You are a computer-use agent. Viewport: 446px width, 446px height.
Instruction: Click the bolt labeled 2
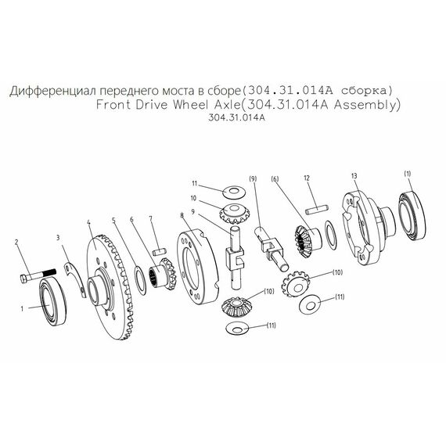38,275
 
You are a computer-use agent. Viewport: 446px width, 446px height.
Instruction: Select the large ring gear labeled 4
110,287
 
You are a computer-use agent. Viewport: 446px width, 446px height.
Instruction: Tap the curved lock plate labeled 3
75,279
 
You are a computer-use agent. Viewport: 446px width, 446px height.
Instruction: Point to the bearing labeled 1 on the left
52,301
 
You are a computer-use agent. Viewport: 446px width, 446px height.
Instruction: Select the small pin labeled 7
159,252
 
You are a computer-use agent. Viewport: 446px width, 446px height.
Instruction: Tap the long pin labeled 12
317,209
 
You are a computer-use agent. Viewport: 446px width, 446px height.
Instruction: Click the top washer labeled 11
233,192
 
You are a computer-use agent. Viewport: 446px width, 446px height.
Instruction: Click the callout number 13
354,176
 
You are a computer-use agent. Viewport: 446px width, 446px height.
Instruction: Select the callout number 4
88,222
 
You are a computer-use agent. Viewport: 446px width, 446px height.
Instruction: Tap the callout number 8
182,215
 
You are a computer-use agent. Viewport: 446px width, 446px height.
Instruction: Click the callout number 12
307,178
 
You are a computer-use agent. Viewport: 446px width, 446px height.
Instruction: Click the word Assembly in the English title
367,105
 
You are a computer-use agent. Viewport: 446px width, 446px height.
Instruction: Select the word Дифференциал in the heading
53,91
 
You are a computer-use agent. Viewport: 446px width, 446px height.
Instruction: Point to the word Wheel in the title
191,105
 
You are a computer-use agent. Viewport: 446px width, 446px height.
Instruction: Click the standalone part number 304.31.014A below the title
236,117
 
